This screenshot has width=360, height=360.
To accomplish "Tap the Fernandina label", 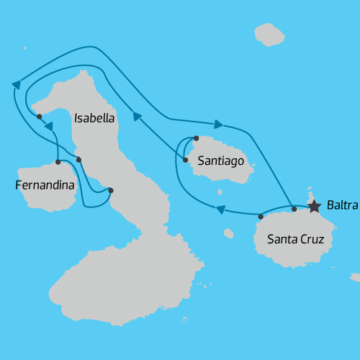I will tap(45, 186).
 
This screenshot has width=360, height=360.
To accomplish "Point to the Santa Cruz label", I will tap(295, 239).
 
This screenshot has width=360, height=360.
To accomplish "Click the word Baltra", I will tap(342, 206).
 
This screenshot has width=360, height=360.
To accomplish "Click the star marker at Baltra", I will tap(314, 207).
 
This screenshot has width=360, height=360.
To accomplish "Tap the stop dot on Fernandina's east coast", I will tap(58, 161).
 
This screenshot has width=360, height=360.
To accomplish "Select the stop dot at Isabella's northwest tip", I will tap(40, 116).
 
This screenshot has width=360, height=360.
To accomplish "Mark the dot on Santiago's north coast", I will tap(196, 138).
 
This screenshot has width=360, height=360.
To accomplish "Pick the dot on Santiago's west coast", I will tap(185, 160).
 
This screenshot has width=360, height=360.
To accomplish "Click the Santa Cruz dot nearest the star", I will tap(294, 209).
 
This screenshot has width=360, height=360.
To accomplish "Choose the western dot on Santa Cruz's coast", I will tap(260, 216).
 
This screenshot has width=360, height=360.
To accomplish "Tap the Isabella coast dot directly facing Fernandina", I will tap(78, 159).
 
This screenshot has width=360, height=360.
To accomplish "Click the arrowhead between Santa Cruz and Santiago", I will tap(221, 210).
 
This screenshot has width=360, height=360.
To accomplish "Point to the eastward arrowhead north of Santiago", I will tap(219, 124).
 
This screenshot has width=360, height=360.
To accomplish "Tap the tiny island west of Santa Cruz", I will tap(228, 233).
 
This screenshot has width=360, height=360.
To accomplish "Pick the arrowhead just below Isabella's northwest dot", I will tap(50, 127).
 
